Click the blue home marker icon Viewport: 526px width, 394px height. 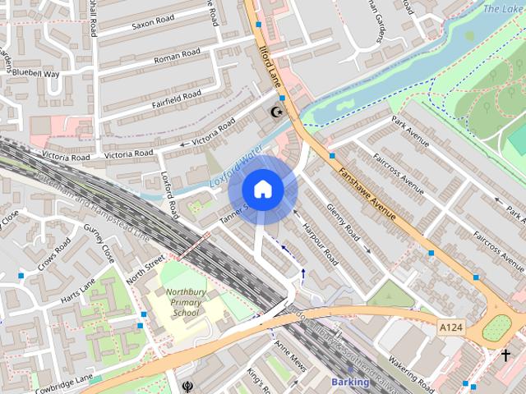click(x=262, y=189)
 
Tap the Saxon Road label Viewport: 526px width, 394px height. click(x=154, y=23)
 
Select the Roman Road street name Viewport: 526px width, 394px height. click(x=178, y=57)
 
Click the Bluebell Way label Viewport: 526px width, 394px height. click(x=38, y=74)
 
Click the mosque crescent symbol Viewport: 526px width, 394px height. click(x=276, y=112)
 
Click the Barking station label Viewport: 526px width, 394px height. click(x=351, y=383)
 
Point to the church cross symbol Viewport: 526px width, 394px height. click(x=505, y=355)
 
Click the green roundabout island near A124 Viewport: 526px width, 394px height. click(x=496, y=328)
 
